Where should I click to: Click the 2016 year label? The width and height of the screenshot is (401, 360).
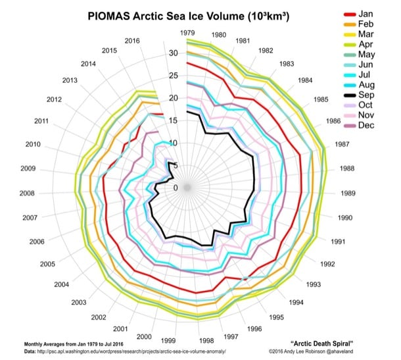tap(133, 40)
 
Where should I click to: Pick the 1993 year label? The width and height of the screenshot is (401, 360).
tap(313, 284)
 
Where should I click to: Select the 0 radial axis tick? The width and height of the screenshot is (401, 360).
tap(175, 188)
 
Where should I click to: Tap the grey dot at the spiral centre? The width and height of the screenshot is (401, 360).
tap(187, 188)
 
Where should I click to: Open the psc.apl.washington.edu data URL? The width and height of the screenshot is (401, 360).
tap(131, 352)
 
